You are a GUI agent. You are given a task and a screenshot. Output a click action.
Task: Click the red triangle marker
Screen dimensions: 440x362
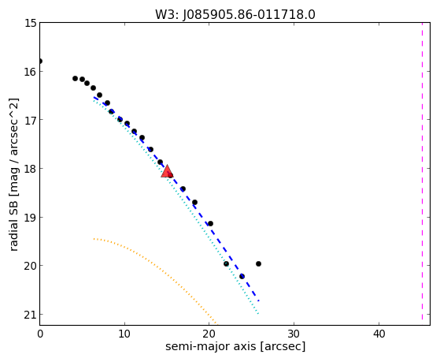tap(167, 172)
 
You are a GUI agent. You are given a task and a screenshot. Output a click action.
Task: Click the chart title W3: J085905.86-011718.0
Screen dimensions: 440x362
tap(235, 14)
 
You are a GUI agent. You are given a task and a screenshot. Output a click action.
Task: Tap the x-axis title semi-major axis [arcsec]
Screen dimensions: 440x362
tap(235, 346)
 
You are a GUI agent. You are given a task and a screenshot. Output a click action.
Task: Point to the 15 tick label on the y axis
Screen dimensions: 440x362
tap(30, 23)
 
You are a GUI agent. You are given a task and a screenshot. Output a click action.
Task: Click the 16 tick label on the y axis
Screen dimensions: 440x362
tap(30, 72)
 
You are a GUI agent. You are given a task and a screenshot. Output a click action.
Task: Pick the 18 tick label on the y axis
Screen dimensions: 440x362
tap(30, 169)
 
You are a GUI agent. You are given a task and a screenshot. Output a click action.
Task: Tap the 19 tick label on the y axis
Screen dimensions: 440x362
tap(30, 218)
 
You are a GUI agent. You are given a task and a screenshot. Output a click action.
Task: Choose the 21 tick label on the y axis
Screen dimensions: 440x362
tap(30, 315)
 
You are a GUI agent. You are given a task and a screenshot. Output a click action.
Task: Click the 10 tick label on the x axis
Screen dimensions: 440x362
tap(124, 334)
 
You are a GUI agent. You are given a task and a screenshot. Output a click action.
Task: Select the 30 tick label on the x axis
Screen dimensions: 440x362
tap(294, 334)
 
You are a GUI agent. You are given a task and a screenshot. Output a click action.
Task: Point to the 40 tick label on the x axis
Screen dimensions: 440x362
tap(379, 334)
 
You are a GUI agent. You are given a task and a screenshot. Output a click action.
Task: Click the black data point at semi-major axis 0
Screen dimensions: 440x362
tap(40, 61)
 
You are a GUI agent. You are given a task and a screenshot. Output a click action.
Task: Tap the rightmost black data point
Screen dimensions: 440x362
tap(258, 264)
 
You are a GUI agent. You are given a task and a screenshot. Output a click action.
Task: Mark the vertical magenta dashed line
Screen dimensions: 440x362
tap(422, 171)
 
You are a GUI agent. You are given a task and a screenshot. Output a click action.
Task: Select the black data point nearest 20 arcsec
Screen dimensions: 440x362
tap(210, 224)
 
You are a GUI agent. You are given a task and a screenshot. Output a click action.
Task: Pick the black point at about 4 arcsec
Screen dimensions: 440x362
tap(76, 79)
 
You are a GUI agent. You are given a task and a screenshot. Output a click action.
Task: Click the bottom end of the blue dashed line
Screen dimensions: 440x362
tap(259, 301)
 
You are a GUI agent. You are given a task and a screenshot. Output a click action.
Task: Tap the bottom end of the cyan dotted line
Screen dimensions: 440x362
tap(258, 313)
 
